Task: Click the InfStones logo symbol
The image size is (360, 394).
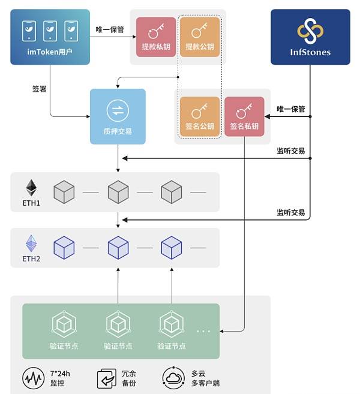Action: coord(310,31)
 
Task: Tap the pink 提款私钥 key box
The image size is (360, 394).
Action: coord(156,37)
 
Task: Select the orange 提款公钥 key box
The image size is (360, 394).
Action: coord(200,37)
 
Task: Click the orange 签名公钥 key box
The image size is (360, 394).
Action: coord(200,116)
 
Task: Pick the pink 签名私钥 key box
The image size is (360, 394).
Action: coord(244,116)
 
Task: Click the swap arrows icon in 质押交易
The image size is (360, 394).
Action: coord(118,110)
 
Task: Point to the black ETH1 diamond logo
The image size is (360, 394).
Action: coord(31,188)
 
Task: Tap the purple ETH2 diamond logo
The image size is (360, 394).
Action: coord(31,243)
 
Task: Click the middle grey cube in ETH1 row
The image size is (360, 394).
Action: coord(118,192)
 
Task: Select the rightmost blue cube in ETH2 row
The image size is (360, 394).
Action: coord(172,248)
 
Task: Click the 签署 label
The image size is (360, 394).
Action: coord(39,89)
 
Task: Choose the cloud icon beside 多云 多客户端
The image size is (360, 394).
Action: coord(174,378)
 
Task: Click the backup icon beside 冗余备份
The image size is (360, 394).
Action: coord(107,378)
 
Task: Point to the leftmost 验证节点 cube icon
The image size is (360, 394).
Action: coord(64,324)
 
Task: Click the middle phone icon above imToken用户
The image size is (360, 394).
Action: coord(50,31)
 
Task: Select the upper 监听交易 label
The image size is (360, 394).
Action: coord(291,151)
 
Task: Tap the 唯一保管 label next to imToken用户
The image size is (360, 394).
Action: coord(110,29)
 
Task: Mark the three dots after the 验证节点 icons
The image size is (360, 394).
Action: coord(203,331)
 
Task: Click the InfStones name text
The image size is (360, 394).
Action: coord(310,52)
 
